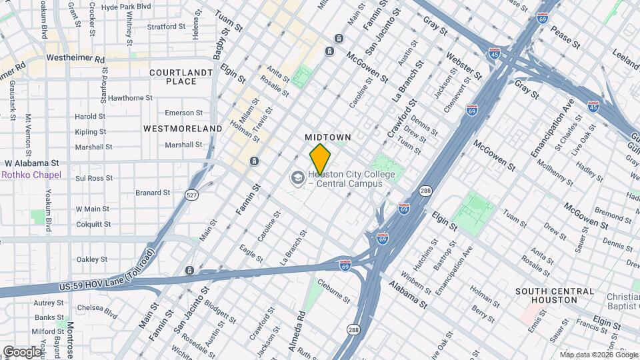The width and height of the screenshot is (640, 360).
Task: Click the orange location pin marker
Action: (x=320, y=159)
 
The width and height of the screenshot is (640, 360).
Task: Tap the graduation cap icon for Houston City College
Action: (x=297, y=178)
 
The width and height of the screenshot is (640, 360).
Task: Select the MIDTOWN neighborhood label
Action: (x=328, y=137)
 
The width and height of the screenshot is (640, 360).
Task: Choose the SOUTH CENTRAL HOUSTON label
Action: (x=554, y=295)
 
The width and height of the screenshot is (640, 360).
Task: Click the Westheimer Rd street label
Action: (x=75, y=59)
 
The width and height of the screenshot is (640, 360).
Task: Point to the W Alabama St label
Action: (x=32, y=163)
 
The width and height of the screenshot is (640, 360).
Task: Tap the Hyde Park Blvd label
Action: (x=126, y=6)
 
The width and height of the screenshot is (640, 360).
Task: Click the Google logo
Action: (x=22, y=351)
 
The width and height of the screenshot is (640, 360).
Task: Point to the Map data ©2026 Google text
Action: (x=599, y=354)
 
